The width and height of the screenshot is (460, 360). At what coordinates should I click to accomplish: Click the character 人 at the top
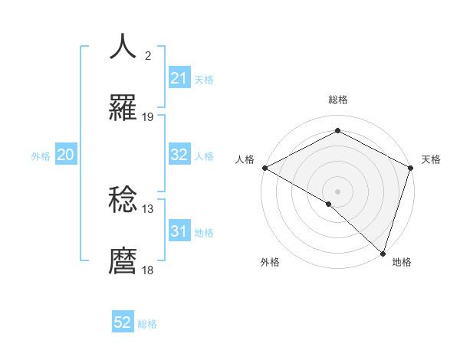click(x=123, y=47)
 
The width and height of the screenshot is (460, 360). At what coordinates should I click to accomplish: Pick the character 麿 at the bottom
click(x=123, y=261)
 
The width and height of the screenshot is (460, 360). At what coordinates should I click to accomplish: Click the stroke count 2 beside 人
click(x=148, y=56)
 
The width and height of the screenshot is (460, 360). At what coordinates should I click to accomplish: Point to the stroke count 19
click(x=148, y=117)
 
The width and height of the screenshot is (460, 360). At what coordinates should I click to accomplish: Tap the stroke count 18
click(x=148, y=270)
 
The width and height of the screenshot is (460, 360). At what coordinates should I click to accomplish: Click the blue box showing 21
click(x=179, y=78)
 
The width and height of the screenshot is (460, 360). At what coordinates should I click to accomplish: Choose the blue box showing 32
click(x=179, y=155)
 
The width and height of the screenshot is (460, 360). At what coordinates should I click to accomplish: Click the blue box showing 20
click(x=65, y=155)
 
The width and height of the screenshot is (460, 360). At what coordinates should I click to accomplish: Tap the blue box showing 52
click(x=123, y=322)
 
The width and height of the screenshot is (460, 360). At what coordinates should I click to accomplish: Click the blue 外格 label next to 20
click(x=41, y=155)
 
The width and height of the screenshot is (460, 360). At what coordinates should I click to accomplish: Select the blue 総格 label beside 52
click(x=147, y=324)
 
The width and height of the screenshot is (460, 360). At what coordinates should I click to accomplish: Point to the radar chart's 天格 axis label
click(x=431, y=159)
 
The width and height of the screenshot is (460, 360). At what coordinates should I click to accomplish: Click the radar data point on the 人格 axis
click(x=264, y=168)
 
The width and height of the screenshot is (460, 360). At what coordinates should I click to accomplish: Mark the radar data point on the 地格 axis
click(x=383, y=253)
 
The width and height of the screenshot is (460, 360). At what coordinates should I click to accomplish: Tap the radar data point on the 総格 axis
click(x=337, y=131)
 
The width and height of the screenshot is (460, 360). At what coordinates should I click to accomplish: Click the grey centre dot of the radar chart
click(x=337, y=191)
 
